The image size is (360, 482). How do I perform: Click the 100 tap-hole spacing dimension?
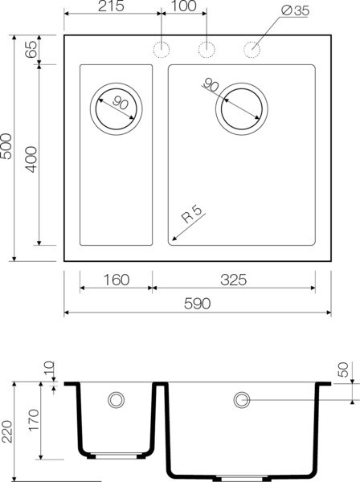184,7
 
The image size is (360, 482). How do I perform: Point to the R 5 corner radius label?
190,214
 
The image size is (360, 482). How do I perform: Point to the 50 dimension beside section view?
344,371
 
